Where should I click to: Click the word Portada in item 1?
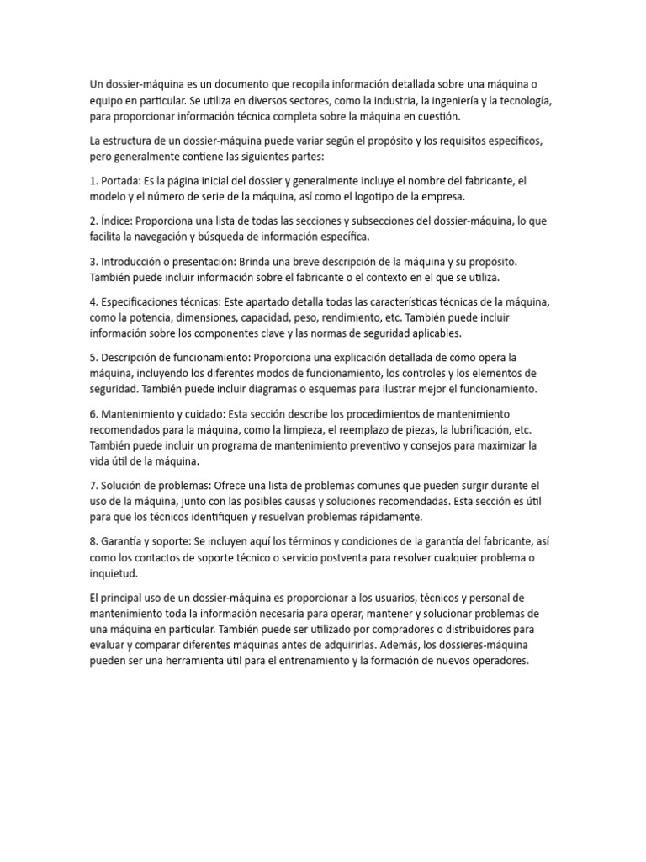[x=120, y=182]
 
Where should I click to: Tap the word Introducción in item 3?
[x=136, y=262]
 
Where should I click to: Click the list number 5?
[x=93, y=357]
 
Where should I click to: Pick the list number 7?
[x=93, y=486]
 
